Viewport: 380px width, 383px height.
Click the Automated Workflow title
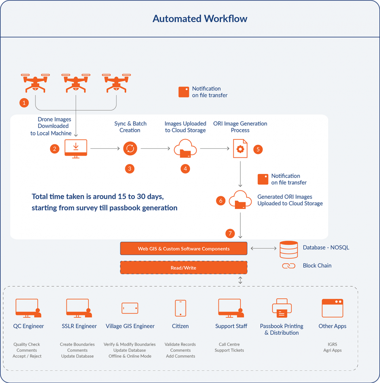[x=200, y=19]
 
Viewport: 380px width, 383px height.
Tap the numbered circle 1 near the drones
[x=24, y=103]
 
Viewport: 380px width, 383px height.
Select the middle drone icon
[x=76, y=83]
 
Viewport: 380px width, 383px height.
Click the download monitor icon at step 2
[x=76, y=149]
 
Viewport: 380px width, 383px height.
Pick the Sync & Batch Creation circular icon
[x=130, y=149]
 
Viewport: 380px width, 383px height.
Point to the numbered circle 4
[x=185, y=168]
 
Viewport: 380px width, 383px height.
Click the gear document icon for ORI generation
[x=240, y=149]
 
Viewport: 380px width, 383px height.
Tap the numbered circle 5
[x=258, y=149]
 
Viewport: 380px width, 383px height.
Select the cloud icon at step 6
[x=240, y=199]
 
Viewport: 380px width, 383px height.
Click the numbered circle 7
[x=230, y=234]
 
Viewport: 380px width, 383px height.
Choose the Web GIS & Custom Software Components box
[x=184, y=248]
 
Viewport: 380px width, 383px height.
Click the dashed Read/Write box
[x=184, y=268]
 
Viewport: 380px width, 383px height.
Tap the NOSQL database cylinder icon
[x=289, y=250]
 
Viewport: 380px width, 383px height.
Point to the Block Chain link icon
[x=289, y=266]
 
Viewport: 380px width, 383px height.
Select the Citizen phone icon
[x=180, y=308]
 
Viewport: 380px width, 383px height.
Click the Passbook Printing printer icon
[x=282, y=308]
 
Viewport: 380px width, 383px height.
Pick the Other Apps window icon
[x=332, y=308]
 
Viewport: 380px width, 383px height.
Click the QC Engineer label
[x=29, y=326]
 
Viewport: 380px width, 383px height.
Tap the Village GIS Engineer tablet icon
[x=130, y=308]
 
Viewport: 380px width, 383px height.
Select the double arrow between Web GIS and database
[x=264, y=248]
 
